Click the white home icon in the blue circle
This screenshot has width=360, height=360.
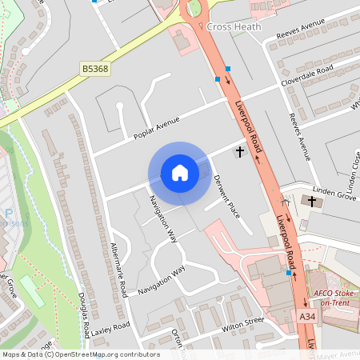pyautogui.click(x=180, y=173)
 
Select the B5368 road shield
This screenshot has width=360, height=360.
pyautogui.click(x=94, y=70)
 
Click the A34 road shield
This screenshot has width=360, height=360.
pyautogui.click(x=306, y=318)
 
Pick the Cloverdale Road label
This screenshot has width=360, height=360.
pyautogui.click(x=306, y=76)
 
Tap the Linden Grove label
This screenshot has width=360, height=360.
pyautogui.click(x=335, y=194)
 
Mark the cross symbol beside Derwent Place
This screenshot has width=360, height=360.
pyautogui.click(x=238, y=151)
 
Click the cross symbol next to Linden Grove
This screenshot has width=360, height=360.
pyautogui.click(x=311, y=202)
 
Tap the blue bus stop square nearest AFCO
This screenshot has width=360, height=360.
pyautogui.click(x=288, y=273)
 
